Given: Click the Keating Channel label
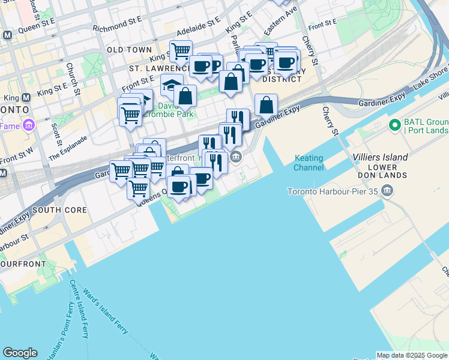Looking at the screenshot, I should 309,163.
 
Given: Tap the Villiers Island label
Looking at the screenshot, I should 381,157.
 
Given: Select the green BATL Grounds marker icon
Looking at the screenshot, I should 394,125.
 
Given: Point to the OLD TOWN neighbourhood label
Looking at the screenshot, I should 129,50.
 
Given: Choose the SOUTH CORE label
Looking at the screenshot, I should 59,210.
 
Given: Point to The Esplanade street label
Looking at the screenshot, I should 68,148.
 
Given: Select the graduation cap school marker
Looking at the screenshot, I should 172,85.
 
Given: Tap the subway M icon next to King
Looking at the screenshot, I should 26,97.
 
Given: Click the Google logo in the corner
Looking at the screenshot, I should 20,353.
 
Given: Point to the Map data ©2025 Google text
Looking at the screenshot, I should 412,355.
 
